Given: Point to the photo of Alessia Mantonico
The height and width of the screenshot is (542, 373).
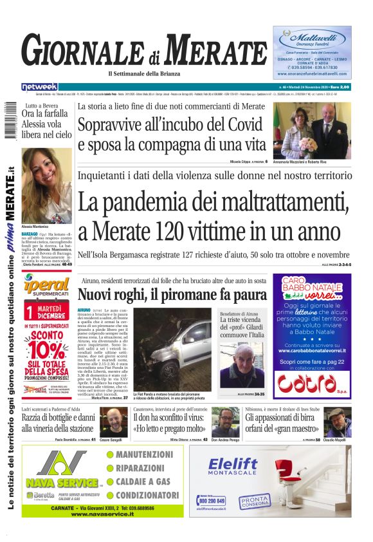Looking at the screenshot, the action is click(x=46, y=186).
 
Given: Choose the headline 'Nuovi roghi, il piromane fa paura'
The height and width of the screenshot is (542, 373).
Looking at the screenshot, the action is click(x=172, y=294).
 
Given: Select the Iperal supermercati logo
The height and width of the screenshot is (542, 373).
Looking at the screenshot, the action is click(x=46, y=286).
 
